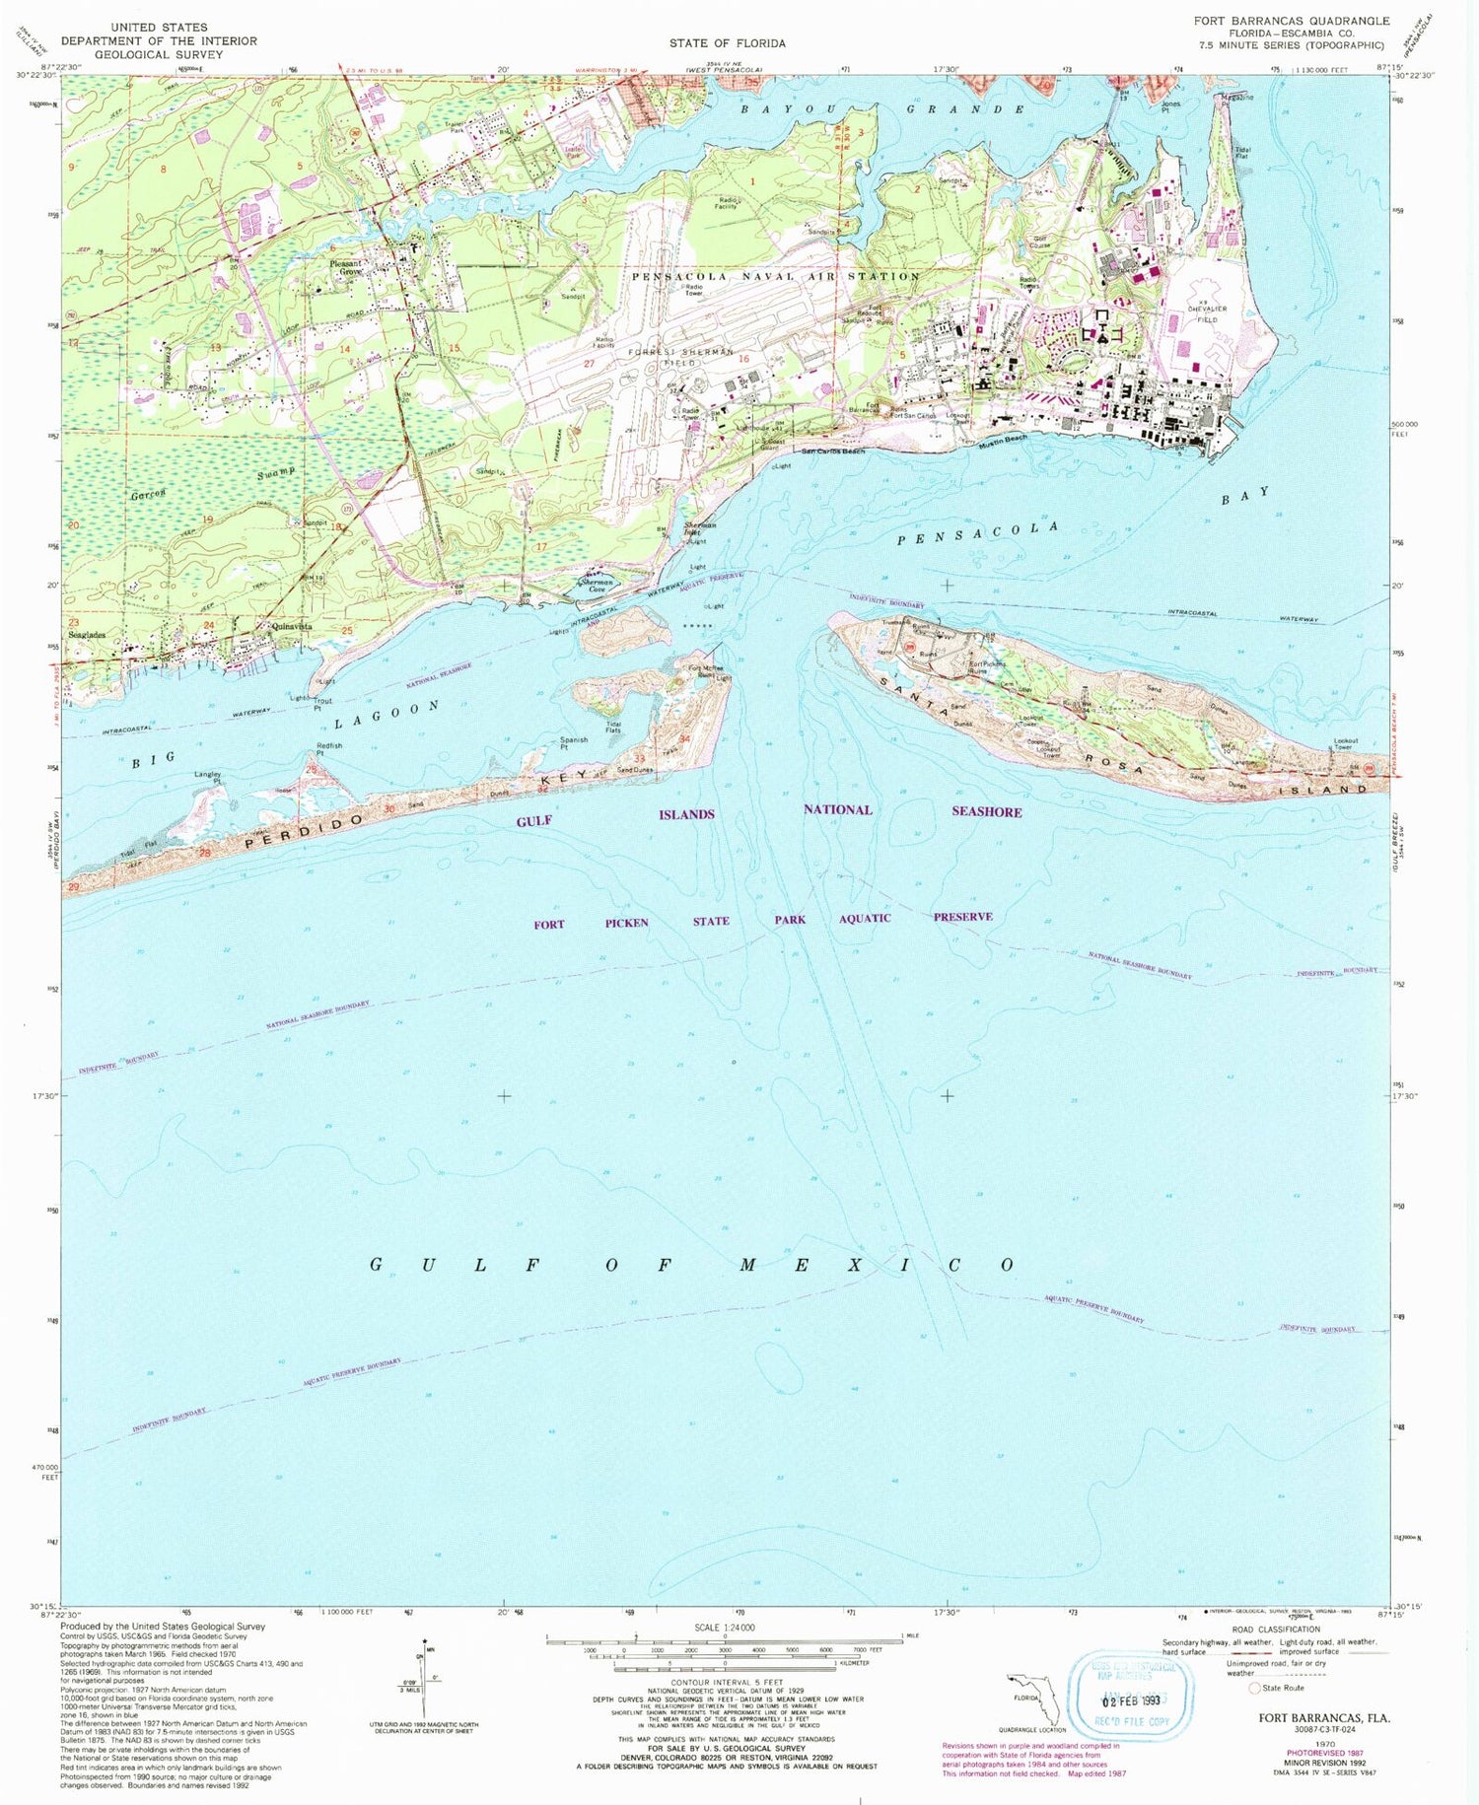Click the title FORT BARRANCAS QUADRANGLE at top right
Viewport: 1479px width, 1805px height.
click(x=1291, y=20)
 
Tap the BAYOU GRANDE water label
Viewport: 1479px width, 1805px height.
click(x=883, y=108)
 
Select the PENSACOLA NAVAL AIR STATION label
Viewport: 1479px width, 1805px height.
click(x=775, y=277)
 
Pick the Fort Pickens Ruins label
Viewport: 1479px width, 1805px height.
click(x=987, y=667)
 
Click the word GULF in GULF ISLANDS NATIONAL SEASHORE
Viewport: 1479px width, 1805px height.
click(x=536, y=820)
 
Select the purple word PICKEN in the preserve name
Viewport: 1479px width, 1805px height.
click(x=626, y=923)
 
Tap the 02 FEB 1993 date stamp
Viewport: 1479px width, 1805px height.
click(x=1133, y=1701)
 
